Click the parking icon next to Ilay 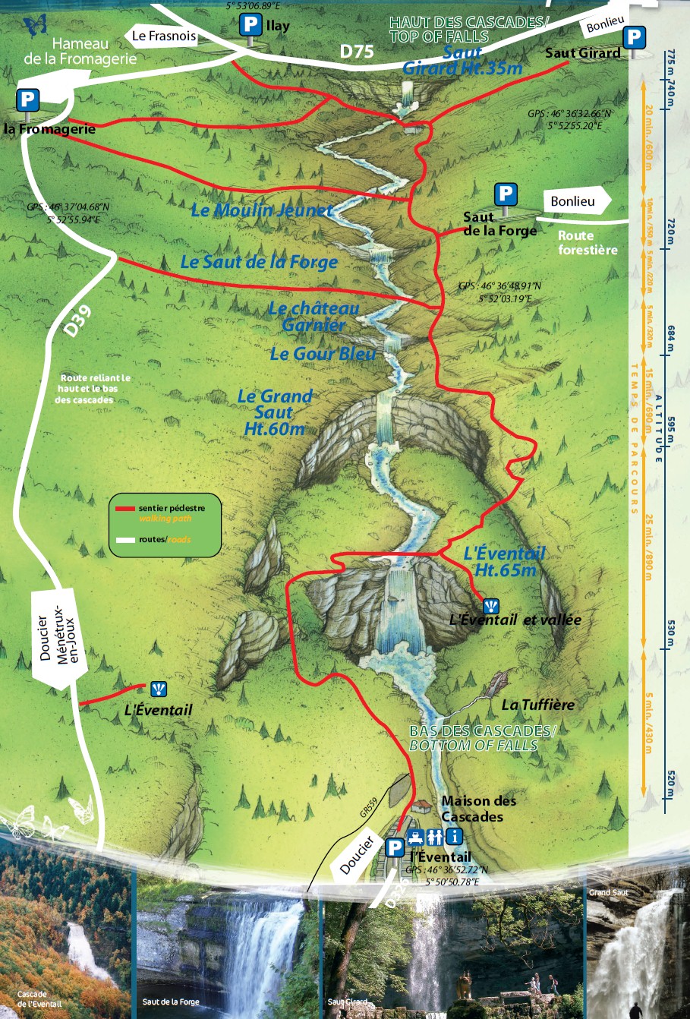(250, 25)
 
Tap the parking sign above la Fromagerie (28, 100)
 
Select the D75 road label (356, 51)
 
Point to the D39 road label (77, 320)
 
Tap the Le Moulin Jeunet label (261, 210)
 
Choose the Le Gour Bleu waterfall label (323, 354)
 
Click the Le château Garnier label (313, 317)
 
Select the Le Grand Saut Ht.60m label (274, 412)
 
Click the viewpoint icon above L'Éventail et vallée (492, 605)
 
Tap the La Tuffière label (537, 705)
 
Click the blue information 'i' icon (454, 837)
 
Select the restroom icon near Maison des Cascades (435, 837)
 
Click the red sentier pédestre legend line (124, 508)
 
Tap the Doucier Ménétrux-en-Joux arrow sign (58, 639)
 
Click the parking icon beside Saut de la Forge (506, 194)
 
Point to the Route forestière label (588, 243)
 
